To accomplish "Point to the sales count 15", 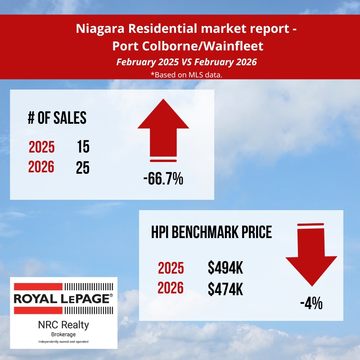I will tap(83, 147).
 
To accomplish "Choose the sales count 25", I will tap(83, 167).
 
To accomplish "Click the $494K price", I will tap(225, 269).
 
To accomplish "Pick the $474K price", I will tap(225, 289).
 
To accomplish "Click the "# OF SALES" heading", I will tap(57, 118).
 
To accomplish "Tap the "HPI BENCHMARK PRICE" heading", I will tap(211, 232).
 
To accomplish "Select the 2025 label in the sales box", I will tap(42, 147).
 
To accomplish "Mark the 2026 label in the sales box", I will tap(41, 167).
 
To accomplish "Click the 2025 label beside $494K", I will tap(171, 269).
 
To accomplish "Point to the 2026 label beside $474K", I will tap(171, 289).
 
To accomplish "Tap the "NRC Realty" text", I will tap(63, 324).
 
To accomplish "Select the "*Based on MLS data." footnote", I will tap(186, 74).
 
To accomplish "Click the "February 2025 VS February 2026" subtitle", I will tap(186, 62).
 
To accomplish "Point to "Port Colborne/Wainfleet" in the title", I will tap(186, 46).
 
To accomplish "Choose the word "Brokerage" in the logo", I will tap(63, 334).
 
